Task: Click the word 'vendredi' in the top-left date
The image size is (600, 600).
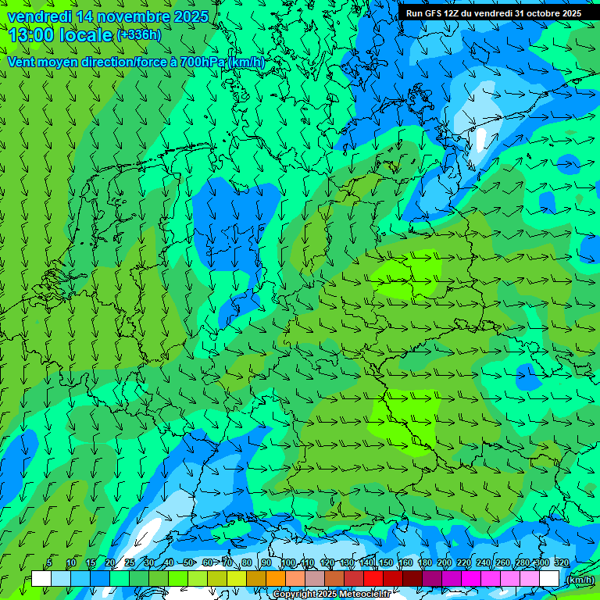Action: click(x=39, y=16)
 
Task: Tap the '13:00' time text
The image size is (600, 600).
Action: click(x=30, y=35)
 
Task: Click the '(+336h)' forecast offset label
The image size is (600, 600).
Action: click(x=139, y=35)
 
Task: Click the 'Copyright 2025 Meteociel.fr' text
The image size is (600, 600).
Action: click(x=332, y=595)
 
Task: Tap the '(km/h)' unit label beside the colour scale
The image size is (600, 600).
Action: click(x=580, y=580)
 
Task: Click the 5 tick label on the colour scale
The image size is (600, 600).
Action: click(x=49, y=562)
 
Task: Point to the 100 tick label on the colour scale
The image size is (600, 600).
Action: click(x=287, y=562)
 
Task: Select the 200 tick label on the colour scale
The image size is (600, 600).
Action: click(x=445, y=562)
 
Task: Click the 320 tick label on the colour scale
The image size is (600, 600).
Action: click(x=562, y=562)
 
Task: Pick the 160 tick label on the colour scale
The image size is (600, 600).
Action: click(x=405, y=562)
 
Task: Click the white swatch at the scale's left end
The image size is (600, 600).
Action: click(x=41, y=579)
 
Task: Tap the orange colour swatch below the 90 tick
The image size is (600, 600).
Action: click(x=276, y=579)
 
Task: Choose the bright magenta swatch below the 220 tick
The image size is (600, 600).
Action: click(x=471, y=579)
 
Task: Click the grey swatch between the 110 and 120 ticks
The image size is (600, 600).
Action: click(x=315, y=579)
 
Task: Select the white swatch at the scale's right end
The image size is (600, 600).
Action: click(x=549, y=579)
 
